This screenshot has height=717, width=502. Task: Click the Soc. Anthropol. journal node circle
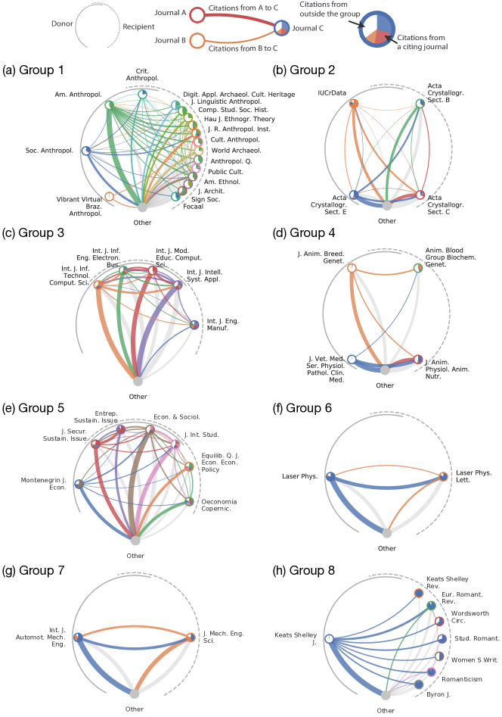click(86, 151)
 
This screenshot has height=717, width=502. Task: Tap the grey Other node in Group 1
click(141, 206)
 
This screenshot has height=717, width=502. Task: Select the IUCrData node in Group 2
click(354, 104)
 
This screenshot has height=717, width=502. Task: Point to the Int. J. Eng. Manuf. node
click(195, 325)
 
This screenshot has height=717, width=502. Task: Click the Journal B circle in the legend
click(197, 40)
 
